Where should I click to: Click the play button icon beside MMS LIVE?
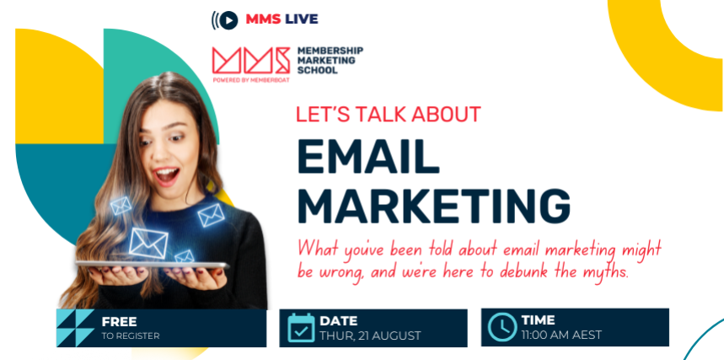coord(228,19)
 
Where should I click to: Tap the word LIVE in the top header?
coord(302,19)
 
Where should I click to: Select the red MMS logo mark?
coord(250,61)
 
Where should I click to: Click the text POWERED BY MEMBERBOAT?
coord(250,79)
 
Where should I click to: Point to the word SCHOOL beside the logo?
coord(317,71)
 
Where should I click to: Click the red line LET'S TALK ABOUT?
coord(389,115)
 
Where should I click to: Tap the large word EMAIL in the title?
coord(368,157)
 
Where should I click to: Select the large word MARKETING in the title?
coord(434,205)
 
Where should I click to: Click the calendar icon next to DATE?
coord(301,328)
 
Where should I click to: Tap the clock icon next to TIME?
coord(502,327)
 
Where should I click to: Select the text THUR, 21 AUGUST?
coord(370,336)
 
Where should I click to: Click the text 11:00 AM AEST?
coord(561,335)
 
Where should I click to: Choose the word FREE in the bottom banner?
coord(119,322)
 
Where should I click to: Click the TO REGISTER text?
coord(131,336)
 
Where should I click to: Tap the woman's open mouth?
coord(166,175)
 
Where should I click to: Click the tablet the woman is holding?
coord(153,265)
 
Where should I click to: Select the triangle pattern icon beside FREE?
coord(75,328)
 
